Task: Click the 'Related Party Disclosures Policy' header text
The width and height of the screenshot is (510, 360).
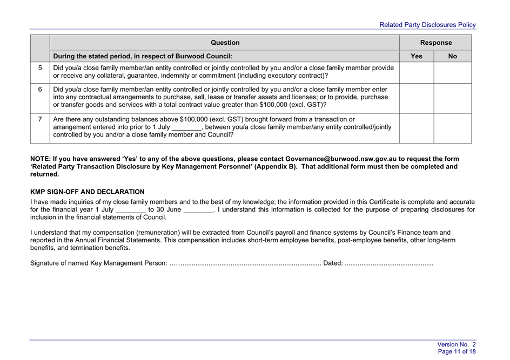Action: [x=427, y=25]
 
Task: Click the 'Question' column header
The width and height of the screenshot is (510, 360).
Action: [x=225, y=43]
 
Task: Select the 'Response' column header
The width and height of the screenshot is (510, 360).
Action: [x=435, y=43]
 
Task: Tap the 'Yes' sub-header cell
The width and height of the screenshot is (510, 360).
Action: [x=417, y=56]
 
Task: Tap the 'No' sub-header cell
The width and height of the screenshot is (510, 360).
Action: [x=452, y=56]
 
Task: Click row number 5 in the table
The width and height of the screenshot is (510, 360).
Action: [x=40, y=68]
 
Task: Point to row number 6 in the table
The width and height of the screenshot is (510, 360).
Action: [x=40, y=90]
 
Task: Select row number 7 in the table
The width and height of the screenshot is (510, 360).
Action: [x=40, y=119]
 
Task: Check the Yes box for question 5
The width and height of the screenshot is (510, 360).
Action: [x=417, y=72]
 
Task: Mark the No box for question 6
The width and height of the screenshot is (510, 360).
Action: [x=452, y=98]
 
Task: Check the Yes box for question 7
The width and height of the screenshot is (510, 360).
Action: [x=417, y=128]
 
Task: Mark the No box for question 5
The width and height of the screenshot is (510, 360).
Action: [x=452, y=72]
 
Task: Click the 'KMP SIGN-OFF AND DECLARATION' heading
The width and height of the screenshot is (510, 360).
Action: [x=88, y=192]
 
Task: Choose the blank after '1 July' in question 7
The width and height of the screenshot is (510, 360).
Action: [x=186, y=128]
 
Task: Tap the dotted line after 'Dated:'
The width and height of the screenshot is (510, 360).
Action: [x=389, y=263]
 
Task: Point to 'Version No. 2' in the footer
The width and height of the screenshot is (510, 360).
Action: [x=457, y=344]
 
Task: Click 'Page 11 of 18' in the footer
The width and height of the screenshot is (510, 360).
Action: [x=457, y=351]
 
